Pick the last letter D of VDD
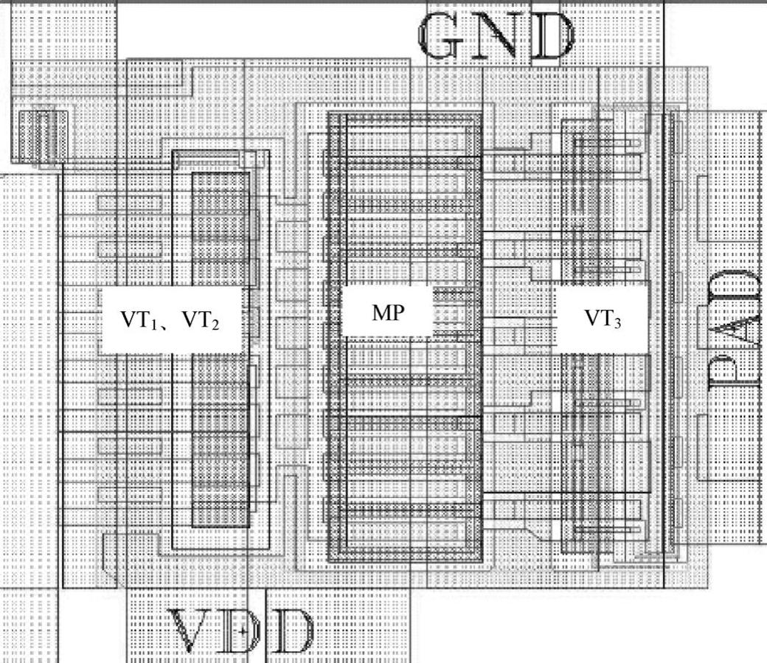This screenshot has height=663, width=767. pyautogui.click(x=290, y=631)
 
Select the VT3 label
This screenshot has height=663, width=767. pyautogui.click(x=603, y=318)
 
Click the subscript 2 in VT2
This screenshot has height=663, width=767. pyautogui.click(x=215, y=324)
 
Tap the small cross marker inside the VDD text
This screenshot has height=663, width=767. pyautogui.click(x=243, y=631)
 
